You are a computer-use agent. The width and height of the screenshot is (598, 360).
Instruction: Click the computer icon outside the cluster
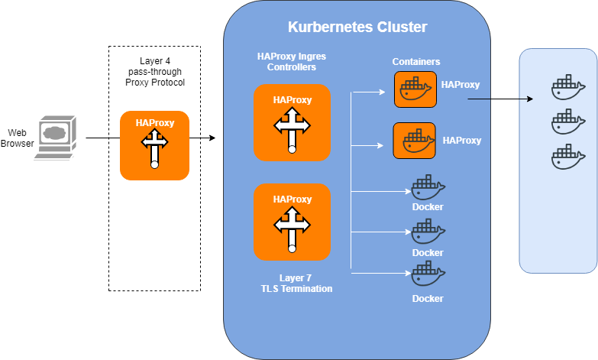(54, 138)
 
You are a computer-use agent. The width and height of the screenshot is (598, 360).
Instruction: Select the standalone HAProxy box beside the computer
(154, 145)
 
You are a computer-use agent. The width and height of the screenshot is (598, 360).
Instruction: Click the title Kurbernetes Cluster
(357, 28)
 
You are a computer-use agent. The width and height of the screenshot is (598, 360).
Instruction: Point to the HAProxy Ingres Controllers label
(292, 61)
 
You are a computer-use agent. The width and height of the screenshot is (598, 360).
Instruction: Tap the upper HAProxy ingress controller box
(292, 122)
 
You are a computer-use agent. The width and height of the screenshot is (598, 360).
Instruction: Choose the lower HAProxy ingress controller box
(292, 222)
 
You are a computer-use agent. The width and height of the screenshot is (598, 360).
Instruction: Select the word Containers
(416, 62)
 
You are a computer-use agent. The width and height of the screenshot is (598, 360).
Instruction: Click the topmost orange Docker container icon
(414, 89)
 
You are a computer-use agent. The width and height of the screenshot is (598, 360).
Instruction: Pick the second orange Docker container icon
(414, 141)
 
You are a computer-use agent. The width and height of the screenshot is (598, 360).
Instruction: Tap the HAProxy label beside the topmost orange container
(461, 85)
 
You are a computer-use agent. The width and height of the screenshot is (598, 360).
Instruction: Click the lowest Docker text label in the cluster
(428, 299)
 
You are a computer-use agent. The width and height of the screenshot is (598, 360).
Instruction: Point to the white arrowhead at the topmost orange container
(383, 93)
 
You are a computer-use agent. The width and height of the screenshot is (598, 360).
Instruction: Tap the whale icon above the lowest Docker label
(428, 274)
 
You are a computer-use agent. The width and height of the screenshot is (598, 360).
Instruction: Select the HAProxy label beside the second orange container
(462, 141)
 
